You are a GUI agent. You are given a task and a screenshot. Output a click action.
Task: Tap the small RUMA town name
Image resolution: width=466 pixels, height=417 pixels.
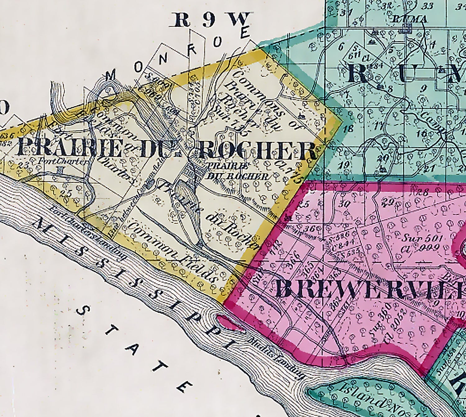(409, 19)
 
